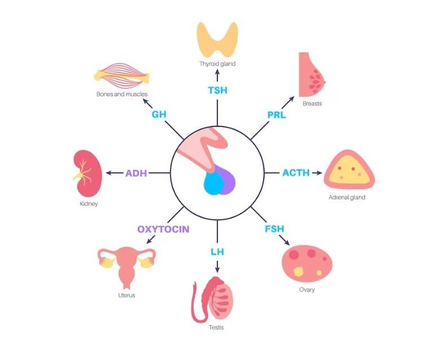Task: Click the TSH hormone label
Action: click(x=217, y=90)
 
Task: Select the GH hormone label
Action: click(x=158, y=114)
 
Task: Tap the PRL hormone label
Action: click(x=277, y=115)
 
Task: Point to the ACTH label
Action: click(x=296, y=172)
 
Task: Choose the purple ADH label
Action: click(x=136, y=173)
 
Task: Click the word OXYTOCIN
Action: click(x=163, y=229)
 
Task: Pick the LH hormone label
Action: click(x=217, y=251)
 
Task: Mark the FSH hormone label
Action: click(x=274, y=229)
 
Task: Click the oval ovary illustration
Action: click(x=307, y=263)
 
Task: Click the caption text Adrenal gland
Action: click(x=347, y=198)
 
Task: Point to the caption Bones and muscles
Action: click(x=122, y=94)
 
